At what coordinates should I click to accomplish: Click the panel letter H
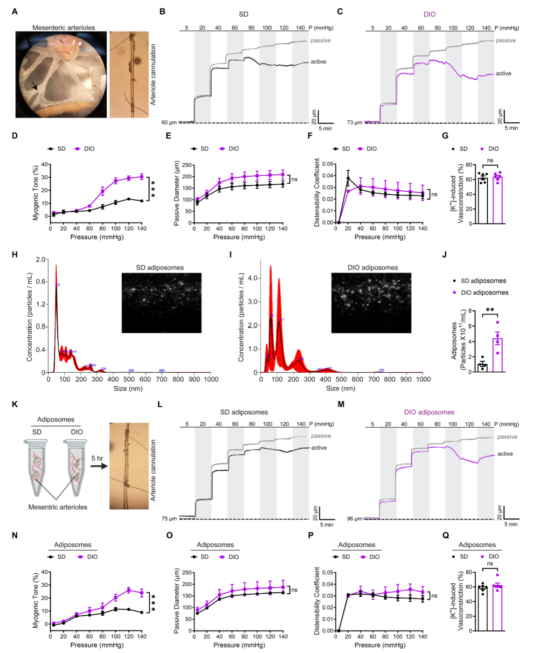click(14, 255)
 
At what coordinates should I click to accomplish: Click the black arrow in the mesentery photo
click(35, 86)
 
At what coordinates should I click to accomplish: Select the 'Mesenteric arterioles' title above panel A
click(63, 28)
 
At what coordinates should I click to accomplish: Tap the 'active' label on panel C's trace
click(503, 73)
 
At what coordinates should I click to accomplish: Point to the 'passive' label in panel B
click(320, 41)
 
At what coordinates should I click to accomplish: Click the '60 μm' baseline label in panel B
click(169, 123)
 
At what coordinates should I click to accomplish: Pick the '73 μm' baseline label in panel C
click(354, 123)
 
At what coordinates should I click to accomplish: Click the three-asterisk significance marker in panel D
click(152, 189)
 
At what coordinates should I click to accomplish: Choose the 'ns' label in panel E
click(294, 179)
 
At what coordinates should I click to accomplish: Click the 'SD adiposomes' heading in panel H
click(160, 268)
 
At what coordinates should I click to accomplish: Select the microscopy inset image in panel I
click(371, 303)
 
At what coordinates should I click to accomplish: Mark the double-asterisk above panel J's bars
click(490, 310)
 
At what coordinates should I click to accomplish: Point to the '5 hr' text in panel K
click(97, 458)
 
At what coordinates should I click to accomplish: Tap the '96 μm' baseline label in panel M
click(354, 519)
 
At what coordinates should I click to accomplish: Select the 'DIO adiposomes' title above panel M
click(429, 412)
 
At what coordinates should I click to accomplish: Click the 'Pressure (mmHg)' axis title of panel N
click(97, 645)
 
